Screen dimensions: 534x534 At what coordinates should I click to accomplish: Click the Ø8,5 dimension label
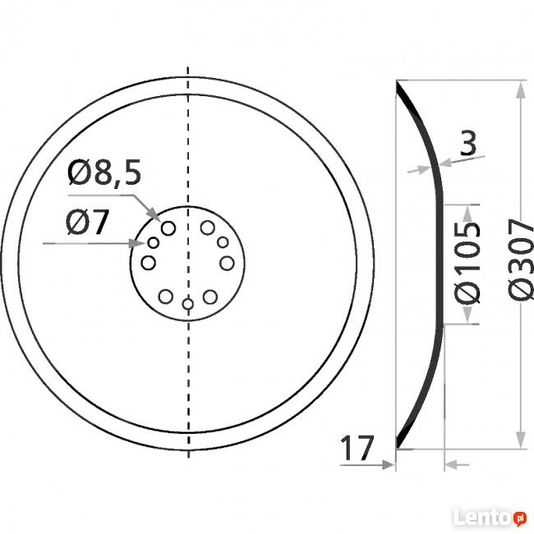click(105, 174)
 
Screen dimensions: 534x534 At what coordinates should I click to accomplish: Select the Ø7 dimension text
click(87, 223)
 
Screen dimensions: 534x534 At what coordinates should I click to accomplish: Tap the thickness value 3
click(467, 144)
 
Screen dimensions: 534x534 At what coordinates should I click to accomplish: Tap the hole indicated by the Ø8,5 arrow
click(169, 228)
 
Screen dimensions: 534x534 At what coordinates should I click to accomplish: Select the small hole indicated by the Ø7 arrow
click(153, 244)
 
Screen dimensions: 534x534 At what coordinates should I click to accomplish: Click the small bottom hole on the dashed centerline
click(188, 305)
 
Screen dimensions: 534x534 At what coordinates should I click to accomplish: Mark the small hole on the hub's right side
click(223, 244)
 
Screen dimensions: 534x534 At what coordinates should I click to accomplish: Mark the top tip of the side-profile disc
click(398, 81)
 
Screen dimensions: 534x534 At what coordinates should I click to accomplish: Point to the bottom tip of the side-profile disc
click(398, 449)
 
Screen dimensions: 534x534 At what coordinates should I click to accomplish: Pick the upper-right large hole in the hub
click(207, 228)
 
